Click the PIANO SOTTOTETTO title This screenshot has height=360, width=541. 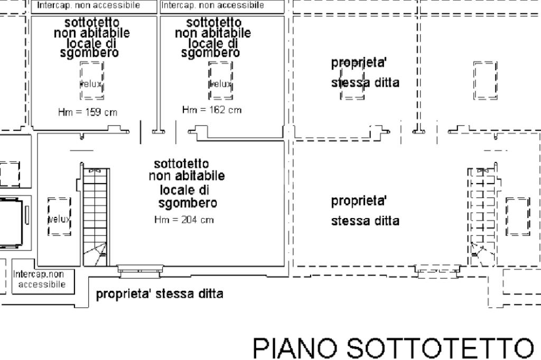click(393, 348)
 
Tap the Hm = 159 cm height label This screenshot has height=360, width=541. click(88, 112)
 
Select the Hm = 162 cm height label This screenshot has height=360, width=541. click(212, 110)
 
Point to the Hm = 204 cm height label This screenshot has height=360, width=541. click(184, 220)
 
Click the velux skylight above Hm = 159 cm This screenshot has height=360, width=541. click(92, 80)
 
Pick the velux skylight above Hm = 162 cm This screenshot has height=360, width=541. click(220, 80)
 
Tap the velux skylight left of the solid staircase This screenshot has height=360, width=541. click(59, 216)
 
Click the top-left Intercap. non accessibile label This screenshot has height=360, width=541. click(88, 5)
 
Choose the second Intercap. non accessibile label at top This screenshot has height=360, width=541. click(212, 5)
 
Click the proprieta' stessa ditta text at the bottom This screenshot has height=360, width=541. click(160, 294)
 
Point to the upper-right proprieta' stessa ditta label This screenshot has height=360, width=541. click(365, 73)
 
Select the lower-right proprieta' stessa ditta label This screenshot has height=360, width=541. click(365, 211)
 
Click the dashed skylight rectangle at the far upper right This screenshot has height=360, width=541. click(485, 80)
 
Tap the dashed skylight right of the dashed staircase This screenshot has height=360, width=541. click(518, 216)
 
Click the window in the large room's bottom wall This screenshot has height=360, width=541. click(139, 271)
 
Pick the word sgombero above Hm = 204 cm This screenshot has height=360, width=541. click(188, 203)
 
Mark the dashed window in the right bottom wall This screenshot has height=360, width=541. click(437, 271)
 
